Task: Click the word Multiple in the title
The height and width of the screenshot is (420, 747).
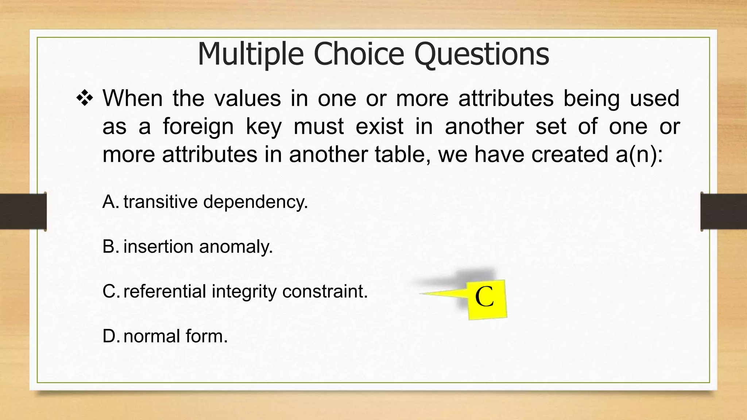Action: coord(251,54)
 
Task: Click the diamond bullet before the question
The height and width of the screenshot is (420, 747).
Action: coord(85,98)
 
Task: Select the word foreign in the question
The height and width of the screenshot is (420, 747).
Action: coord(198,127)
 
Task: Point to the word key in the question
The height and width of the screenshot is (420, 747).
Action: coord(264,127)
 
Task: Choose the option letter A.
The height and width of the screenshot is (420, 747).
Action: coord(110,202)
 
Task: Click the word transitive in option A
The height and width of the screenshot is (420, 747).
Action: coord(160,202)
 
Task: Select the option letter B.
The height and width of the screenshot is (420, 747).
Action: coord(110,246)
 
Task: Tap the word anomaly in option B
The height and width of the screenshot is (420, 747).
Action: coord(236,246)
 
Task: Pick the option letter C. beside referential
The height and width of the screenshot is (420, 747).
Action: coord(110,291)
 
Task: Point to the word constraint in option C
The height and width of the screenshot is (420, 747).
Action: coord(325,291)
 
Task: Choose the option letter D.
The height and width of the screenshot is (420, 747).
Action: coord(110,336)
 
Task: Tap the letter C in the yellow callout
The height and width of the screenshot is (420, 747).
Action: coord(484,297)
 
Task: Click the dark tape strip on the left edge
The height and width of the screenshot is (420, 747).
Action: coord(23,211)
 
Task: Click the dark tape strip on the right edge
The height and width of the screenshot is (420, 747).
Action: coord(724,211)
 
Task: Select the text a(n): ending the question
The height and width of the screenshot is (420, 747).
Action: coord(639,154)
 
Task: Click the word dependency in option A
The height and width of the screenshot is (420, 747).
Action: coord(255,202)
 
